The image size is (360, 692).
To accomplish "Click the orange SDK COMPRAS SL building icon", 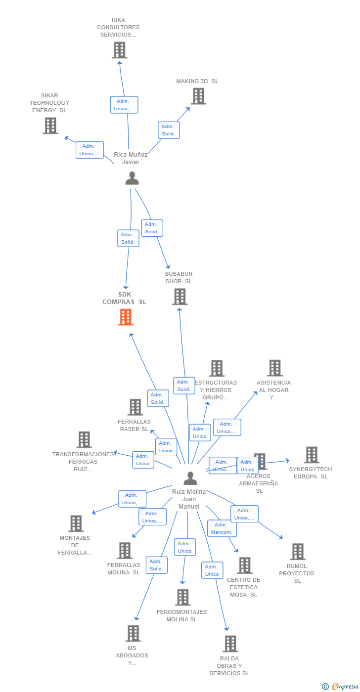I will tap(126, 317).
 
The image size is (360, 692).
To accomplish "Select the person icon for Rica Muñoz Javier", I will tap(132, 178).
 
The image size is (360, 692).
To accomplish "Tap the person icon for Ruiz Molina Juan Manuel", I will tap(190, 478).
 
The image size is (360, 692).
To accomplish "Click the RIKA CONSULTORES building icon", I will tap(119, 50).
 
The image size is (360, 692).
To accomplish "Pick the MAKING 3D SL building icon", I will tap(198, 96).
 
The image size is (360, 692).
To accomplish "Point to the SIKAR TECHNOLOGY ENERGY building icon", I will tap(50, 126).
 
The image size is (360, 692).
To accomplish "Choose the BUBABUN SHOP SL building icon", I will tap(180, 297).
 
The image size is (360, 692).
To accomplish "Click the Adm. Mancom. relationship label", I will tap(222, 528).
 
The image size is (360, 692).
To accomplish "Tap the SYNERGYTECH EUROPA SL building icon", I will tap(311, 455).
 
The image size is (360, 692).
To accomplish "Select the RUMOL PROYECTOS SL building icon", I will tap(297, 552).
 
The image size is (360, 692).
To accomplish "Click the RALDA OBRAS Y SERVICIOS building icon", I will tap(230, 644).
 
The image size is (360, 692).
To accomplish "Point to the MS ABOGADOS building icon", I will tap(133, 633).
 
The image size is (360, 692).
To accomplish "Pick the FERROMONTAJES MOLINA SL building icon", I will tap(182, 597).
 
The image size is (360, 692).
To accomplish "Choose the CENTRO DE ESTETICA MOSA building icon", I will tap(244, 565).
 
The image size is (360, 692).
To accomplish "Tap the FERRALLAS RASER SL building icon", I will tap(135, 407).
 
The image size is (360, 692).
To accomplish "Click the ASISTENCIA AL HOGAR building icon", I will tap(274, 368).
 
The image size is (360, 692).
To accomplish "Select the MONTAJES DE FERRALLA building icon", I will tap(76, 523).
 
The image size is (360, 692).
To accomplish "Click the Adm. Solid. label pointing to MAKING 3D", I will tap(169, 130).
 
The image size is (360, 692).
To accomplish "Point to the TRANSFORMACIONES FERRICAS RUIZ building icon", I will tap(84, 439).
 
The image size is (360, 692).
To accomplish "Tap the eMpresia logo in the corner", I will tap(344, 686).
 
